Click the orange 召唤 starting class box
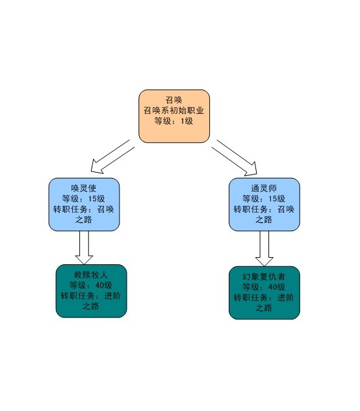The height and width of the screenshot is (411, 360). coord(174,116)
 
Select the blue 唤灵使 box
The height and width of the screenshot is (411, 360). coord(84,205)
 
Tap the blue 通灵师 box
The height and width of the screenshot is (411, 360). coord(264,205)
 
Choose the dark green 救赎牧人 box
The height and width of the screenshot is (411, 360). coord(92,291)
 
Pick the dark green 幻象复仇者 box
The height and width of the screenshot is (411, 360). coord(264,293)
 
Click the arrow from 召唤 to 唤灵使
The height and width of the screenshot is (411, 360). coord(112,157)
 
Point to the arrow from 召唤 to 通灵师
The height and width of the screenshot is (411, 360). coord(235,158)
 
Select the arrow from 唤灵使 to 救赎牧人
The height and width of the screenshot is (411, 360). coord(84,247)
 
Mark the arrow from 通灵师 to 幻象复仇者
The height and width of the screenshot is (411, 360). coord(264,249)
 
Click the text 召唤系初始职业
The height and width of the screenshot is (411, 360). coord(174,110)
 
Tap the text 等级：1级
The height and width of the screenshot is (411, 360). coord(174,121)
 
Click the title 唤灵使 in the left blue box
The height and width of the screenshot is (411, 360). coord(84,188)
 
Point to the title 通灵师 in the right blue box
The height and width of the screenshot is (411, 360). coord(264,188)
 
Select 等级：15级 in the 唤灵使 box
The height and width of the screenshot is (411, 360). coord(84,199)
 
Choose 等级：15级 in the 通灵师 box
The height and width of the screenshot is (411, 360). coord(264,199)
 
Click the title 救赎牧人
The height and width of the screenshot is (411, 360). coord(91,275)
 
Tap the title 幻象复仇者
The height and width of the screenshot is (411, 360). coord(264,276)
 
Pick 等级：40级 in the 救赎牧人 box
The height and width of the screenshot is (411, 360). coord(91,285)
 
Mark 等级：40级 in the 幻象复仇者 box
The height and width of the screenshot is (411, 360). coord(264,287)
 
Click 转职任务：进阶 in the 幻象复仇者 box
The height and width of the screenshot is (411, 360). coord(264,297)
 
